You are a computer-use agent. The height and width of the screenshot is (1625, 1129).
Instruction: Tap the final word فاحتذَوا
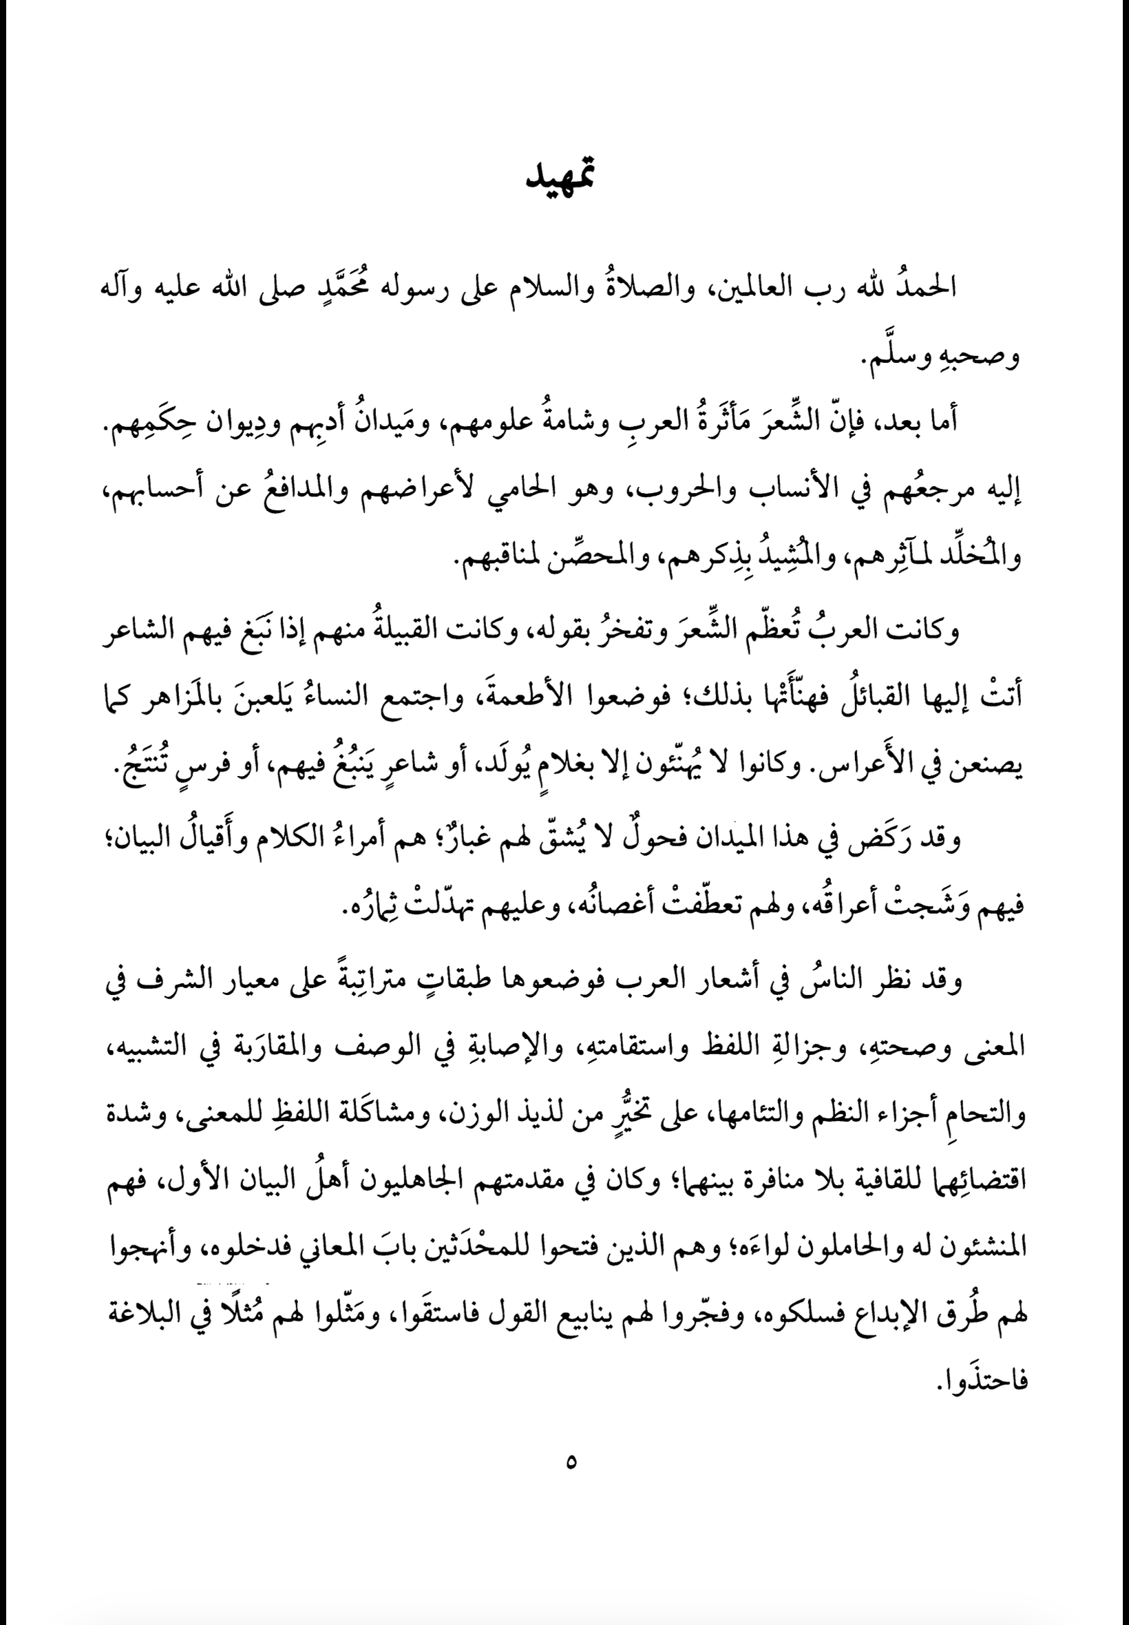[x=980, y=1379]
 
